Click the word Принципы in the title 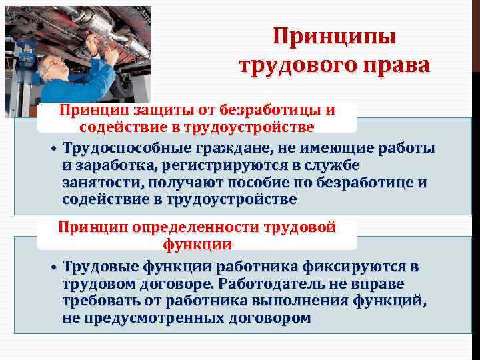[335, 36]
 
